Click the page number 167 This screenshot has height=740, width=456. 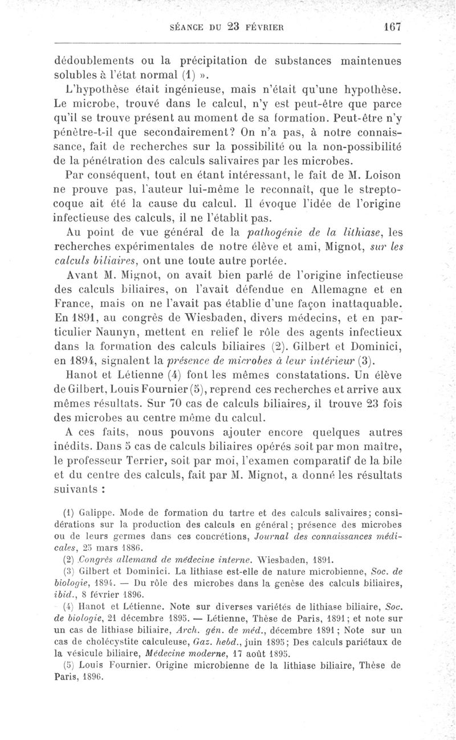click(393, 26)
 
